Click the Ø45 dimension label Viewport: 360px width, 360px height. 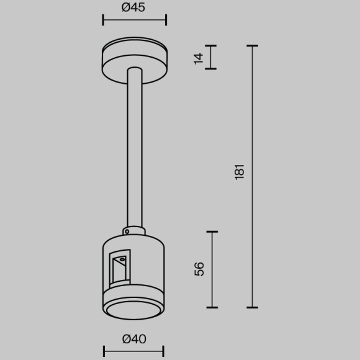133,8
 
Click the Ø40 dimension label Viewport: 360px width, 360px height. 133,339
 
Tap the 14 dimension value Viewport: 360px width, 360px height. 199,58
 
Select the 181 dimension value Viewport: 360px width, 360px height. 240,172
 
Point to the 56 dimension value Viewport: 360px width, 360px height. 199,269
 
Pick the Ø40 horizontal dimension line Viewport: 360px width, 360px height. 134,351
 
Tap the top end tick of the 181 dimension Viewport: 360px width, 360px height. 252,46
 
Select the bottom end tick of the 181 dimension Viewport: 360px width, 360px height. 252,307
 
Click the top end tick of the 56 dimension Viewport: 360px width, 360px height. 212,232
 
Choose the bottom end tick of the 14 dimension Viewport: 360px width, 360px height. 212,69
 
